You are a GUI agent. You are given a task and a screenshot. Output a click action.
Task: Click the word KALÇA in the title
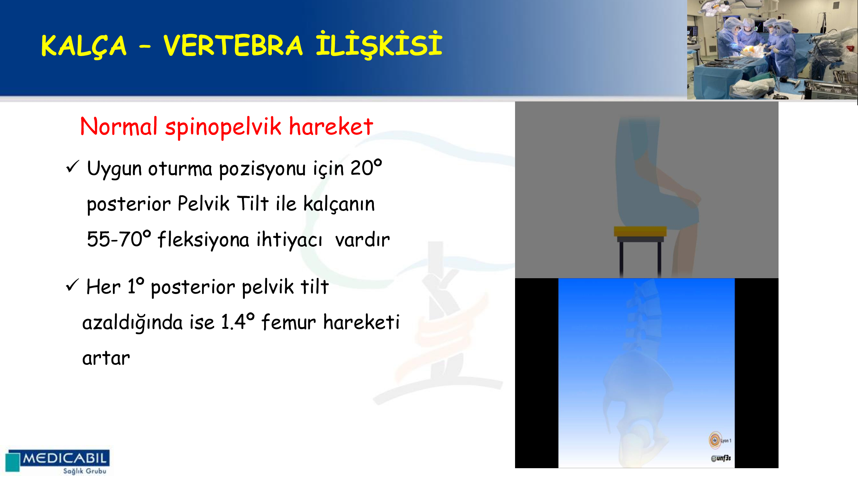[x=84, y=46]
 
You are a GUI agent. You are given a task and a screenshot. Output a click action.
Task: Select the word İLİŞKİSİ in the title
[x=379, y=44]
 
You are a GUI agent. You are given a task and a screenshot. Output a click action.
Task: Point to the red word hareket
[x=331, y=127]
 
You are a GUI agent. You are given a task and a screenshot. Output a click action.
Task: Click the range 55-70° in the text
[x=119, y=239]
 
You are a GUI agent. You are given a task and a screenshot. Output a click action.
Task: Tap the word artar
[x=106, y=359]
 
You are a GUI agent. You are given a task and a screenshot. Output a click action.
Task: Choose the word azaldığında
[x=132, y=323]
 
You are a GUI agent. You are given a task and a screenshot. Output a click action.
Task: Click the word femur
[x=289, y=322]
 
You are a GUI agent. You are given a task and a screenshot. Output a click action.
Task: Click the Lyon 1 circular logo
[x=715, y=440]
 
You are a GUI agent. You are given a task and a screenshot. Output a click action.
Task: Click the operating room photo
[x=772, y=50]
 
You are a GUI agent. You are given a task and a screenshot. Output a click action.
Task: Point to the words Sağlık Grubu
[x=85, y=471]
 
